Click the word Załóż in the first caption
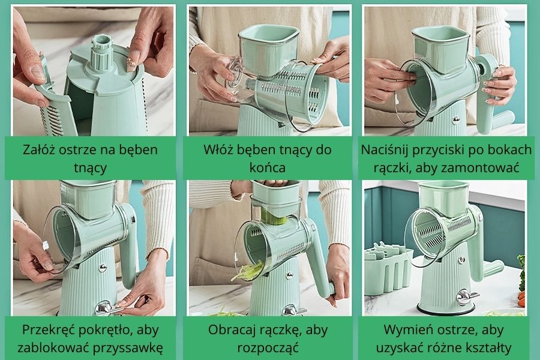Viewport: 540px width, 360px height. click(x=41, y=149)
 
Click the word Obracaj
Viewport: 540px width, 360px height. click(x=232, y=329)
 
